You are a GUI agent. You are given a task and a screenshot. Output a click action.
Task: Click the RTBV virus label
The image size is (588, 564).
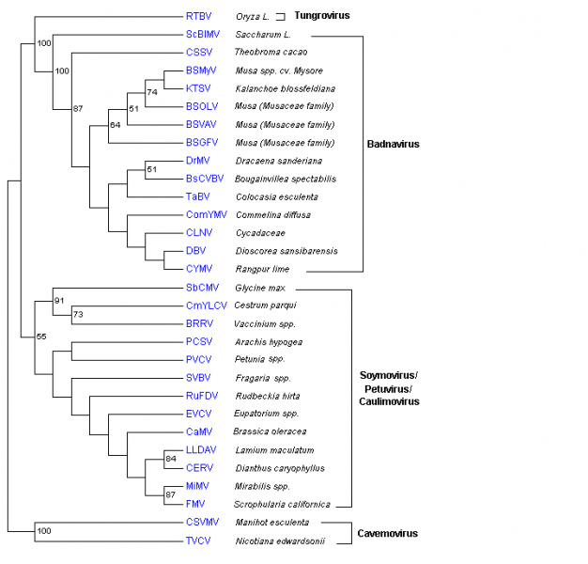pos(198,16)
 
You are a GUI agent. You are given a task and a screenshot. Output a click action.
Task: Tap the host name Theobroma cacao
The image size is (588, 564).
pos(271,52)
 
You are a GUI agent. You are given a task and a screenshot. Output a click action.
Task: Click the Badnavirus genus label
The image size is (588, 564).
pos(393,144)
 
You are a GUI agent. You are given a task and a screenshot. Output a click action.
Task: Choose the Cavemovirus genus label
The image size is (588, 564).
pos(387,533)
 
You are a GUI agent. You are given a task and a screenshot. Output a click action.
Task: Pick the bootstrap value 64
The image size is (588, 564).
pos(116,124)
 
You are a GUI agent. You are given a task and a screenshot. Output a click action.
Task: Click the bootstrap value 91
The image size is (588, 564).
pos(61,301)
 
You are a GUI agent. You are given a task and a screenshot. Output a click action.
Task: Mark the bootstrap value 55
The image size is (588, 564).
pos(41,336)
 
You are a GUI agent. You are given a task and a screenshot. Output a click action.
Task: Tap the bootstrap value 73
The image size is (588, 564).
pos(79,314)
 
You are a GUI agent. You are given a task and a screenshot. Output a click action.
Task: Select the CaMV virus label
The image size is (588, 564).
pos(198,431)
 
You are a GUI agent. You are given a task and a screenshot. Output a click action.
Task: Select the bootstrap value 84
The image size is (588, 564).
pos(170,458)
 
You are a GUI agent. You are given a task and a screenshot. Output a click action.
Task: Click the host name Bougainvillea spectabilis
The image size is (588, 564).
pos(285,179)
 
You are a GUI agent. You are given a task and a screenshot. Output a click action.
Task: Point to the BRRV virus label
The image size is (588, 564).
pos(199,323)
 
